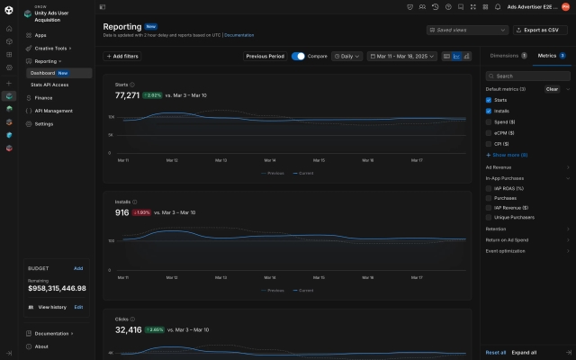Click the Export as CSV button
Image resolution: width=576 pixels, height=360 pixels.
pyautogui.click(x=540, y=30)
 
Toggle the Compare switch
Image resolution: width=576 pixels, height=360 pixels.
pyautogui.click(x=298, y=56)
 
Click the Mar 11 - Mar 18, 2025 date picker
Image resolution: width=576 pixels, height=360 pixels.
pyautogui.click(x=401, y=56)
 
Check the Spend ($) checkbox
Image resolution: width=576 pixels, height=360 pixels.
pyautogui.click(x=489, y=121)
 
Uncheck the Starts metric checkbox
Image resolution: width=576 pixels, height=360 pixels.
pyautogui.click(x=489, y=100)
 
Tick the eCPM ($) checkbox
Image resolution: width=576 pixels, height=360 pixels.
pyautogui.click(x=489, y=132)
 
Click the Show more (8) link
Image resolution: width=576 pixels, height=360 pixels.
pyautogui.click(x=509, y=155)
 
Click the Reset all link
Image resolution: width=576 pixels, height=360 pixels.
pyautogui.click(x=495, y=352)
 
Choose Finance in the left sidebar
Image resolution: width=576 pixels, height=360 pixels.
pyautogui.click(x=43, y=97)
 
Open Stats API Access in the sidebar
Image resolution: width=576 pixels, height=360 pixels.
pyautogui.click(x=49, y=85)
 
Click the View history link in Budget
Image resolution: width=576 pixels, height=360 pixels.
pyautogui.click(x=51, y=307)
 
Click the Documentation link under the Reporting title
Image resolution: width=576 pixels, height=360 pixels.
pyautogui.click(x=238, y=35)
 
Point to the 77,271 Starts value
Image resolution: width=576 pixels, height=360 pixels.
pyautogui.click(x=127, y=94)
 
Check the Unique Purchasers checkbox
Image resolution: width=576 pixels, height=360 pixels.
pyautogui.click(x=489, y=217)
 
